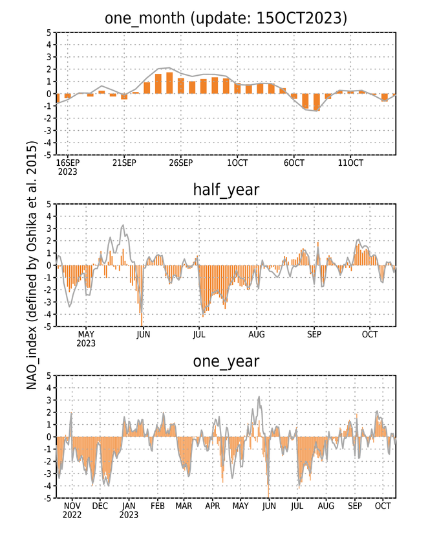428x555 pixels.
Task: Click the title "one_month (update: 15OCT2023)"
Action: click(226, 18)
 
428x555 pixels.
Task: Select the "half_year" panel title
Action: click(226, 190)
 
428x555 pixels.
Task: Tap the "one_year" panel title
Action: click(226, 361)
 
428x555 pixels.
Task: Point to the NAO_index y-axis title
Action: click(32, 265)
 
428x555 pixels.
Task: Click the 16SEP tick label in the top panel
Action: click(67, 163)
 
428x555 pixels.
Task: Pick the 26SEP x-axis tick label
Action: click(180, 163)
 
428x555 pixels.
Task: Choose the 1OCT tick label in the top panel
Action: click(237, 163)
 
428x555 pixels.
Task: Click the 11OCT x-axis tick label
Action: click(350, 163)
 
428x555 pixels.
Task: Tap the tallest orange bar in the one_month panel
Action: click(169, 83)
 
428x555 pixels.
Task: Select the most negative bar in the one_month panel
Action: click(317, 102)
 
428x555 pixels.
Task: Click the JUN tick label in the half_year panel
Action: click(143, 334)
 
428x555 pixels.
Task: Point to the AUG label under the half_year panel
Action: click(256, 334)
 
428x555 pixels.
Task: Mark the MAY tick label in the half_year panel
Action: click(86, 334)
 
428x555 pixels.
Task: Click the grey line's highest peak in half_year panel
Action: click(123, 225)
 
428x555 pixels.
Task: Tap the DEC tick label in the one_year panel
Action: click(100, 506)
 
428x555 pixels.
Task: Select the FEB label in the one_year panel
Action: click(158, 506)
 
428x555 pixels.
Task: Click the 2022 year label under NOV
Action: click(72, 515)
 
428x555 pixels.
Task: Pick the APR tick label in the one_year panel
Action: click(213, 506)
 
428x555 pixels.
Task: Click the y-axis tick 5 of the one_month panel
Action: click(49, 32)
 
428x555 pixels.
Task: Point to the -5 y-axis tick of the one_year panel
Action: click(48, 498)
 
